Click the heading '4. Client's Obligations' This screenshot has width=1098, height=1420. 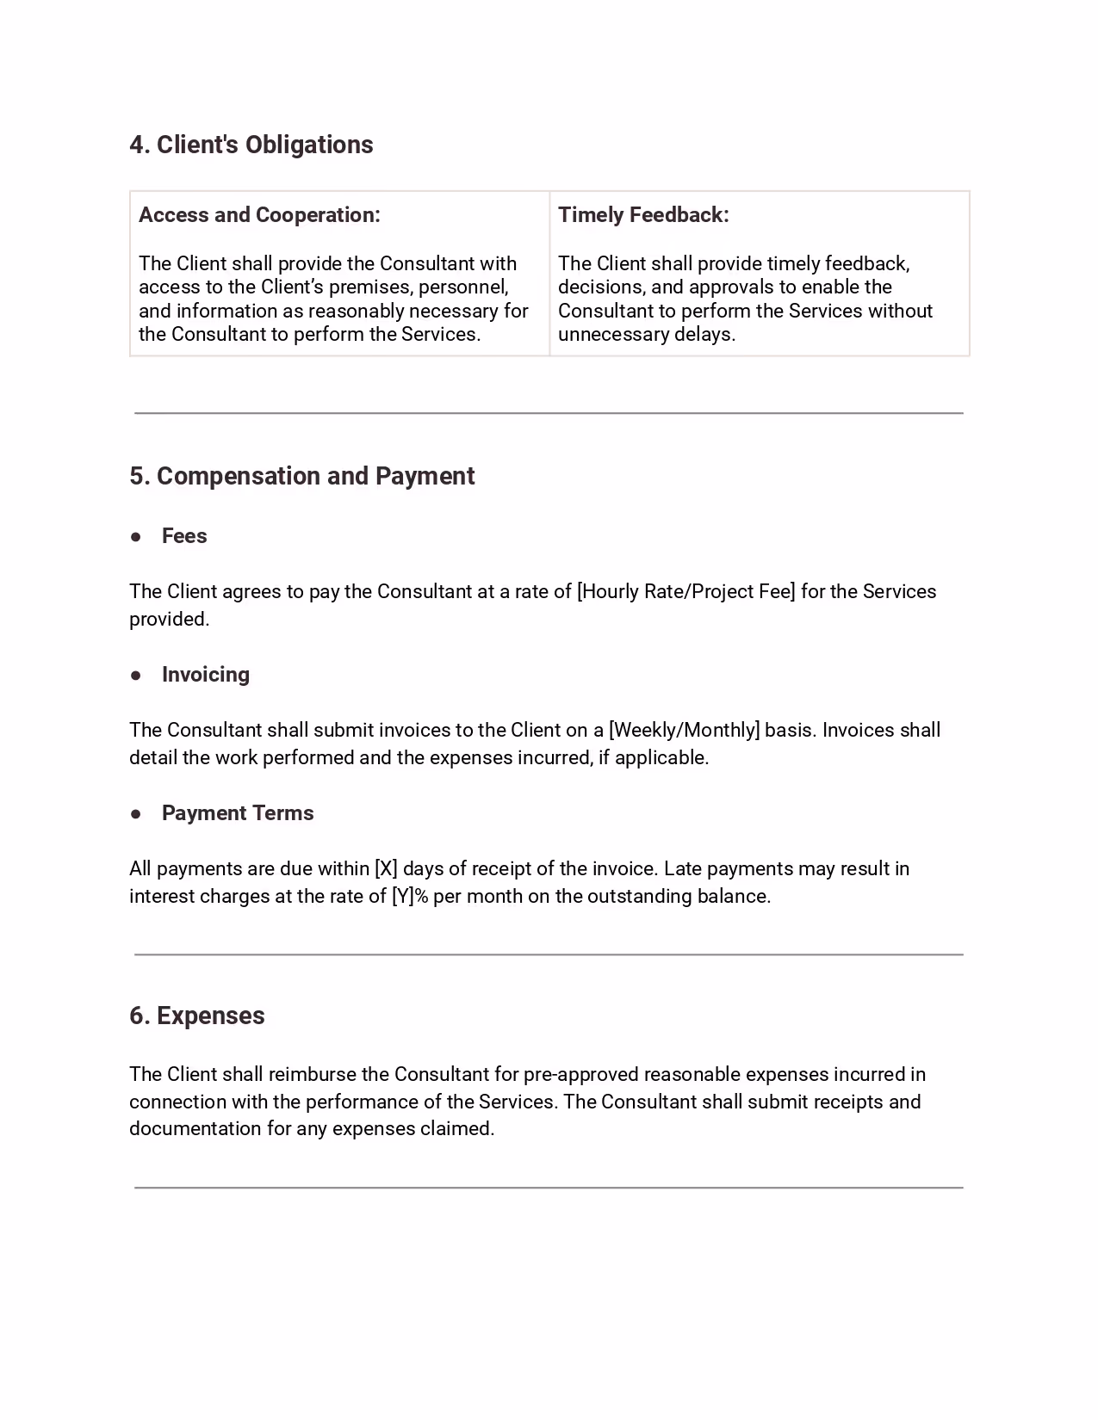[251, 145]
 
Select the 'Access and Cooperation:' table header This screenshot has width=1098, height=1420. [259, 215]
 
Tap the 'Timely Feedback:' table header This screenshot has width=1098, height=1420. [643, 215]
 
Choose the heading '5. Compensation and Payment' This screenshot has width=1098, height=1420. [301, 476]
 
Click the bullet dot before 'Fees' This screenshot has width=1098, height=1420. [136, 536]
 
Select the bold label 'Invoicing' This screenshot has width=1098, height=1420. [206, 675]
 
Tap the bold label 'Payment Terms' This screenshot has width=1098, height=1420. [238, 813]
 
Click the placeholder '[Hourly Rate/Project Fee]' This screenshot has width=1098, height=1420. [685, 592]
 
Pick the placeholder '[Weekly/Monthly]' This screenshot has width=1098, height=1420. [684, 731]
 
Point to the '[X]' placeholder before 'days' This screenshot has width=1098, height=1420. [385, 869]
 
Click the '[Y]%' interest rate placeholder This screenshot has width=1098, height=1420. [410, 897]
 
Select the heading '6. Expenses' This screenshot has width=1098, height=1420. [197, 1016]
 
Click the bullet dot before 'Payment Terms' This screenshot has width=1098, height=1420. [136, 813]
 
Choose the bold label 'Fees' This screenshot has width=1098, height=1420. [184, 536]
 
